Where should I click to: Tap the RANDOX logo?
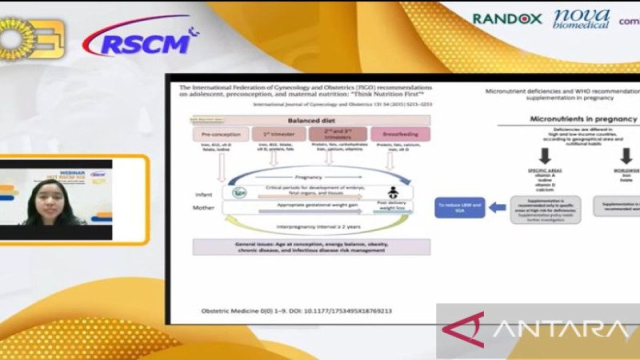coord(507,19)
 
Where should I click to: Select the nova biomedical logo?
coord(581,19)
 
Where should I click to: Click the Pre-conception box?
coord(220,134)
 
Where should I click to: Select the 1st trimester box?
coord(278,134)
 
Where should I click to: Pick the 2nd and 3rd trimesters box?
coord(337,134)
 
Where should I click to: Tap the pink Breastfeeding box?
coord(400,134)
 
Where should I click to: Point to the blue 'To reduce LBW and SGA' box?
coord(459,207)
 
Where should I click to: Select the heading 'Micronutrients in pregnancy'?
coord(583,119)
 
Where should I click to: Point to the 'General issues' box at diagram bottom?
coord(311,247)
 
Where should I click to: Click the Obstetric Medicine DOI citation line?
coord(296,311)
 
